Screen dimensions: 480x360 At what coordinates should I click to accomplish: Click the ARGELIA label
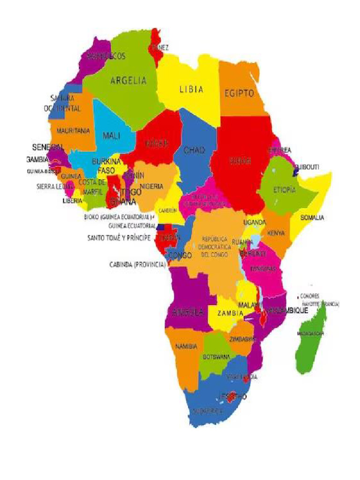pyautogui.click(x=128, y=81)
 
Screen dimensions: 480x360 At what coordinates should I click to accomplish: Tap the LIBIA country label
pyautogui.click(x=191, y=90)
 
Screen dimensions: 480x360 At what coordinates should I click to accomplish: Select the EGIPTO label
pyautogui.click(x=239, y=93)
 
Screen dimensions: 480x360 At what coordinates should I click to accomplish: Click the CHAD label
pyautogui.click(x=194, y=150)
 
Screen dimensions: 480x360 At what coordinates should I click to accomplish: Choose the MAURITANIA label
pyautogui.click(x=73, y=131)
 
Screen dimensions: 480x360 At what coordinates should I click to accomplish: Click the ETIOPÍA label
pyautogui.click(x=284, y=190)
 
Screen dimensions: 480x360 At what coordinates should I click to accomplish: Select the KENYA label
pyautogui.click(x=276, y=233)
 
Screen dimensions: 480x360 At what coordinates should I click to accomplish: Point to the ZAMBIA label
pyautogui.click(x=229, y=313)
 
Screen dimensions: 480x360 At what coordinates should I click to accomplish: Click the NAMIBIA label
pyautogui.click(x=186, y=346)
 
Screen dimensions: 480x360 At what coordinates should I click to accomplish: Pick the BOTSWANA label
pyautogui.click(x=216, y=357)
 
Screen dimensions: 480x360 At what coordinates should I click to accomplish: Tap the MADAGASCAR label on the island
pyautogui.click(x=310, y=333)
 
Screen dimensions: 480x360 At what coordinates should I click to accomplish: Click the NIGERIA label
pyautogui.click(x=151, y=186)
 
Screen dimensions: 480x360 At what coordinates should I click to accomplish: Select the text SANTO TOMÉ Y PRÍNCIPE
pyautogui.click(x=119, y=238)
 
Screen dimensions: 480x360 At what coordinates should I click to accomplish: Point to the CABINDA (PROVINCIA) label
pyautogui.click(x=137, y=264)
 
